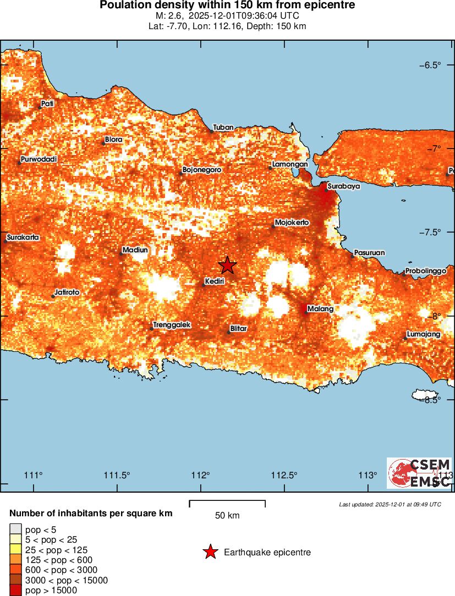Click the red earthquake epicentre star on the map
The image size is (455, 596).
(227, 265)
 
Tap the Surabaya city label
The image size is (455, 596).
(343, 186)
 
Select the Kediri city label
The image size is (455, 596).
(214, 281)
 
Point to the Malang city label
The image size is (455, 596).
(320, 308)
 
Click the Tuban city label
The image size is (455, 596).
(223, 127)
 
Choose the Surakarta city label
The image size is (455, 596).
(23, 238)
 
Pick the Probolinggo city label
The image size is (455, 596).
(425, 271)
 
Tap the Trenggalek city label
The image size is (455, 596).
(172, 325)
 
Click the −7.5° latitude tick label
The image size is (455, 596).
(430, 232)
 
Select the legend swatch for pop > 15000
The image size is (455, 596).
(15, 591)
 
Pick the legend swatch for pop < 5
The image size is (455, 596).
(15, 530)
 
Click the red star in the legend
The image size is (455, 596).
(210, 552)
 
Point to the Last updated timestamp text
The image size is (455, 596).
(390, 504)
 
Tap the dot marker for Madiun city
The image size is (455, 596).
(121, 253)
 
